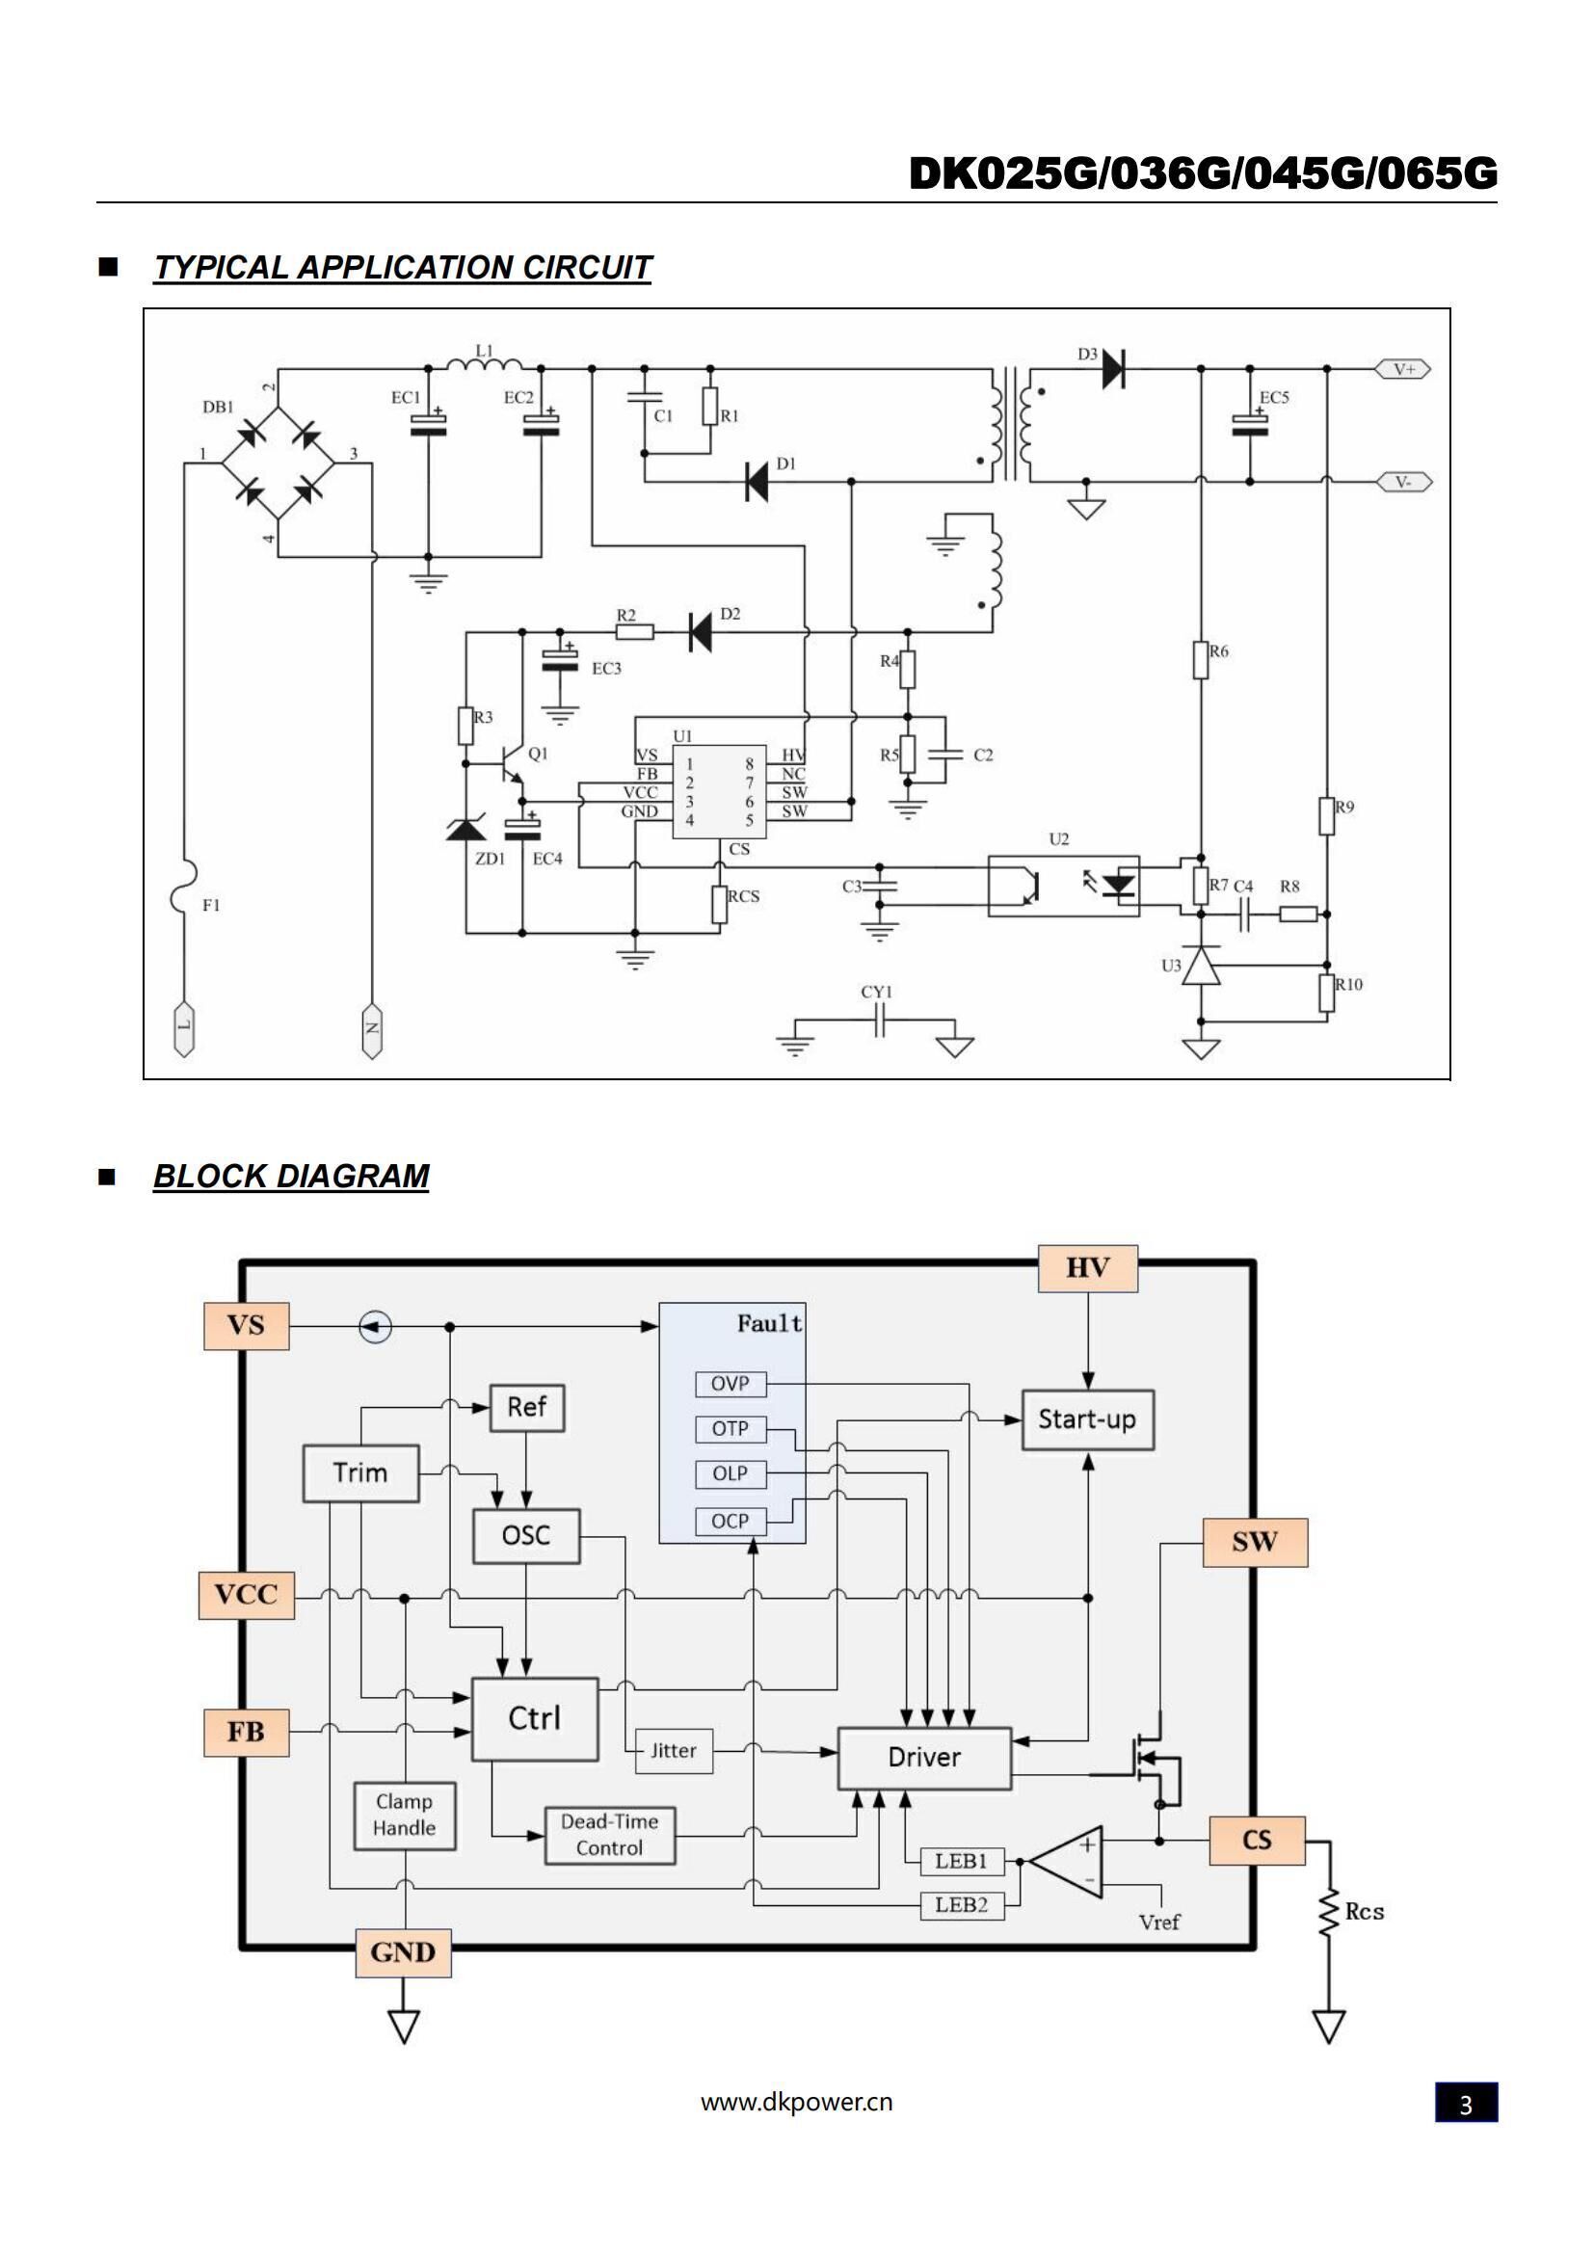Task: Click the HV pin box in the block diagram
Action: pos(1087,1268)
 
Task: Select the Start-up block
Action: pos(1087,1419)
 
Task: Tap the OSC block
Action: pos(526,1535)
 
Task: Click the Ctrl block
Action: pos(535,1718)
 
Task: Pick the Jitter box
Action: pos(674,1750)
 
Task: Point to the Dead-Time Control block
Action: pos(609,1835)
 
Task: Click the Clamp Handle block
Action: pos(405,1816)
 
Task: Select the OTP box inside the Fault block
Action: pos(731,1428)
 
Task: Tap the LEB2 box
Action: pos(962,1904)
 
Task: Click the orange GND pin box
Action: pos(404,1952)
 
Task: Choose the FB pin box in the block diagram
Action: pos(246,1732)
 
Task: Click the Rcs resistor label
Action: pos(1365,1911)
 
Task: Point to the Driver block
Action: pos(923,1758)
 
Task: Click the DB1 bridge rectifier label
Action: pos(218,407)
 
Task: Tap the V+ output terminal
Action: pos(1403,369)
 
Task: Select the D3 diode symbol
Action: pos(1113,369)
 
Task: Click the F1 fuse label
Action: pos(211,905)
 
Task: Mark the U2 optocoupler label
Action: pos(1059,839)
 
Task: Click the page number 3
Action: pos(1466,2105)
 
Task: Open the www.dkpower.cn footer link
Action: pos(796,2102)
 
